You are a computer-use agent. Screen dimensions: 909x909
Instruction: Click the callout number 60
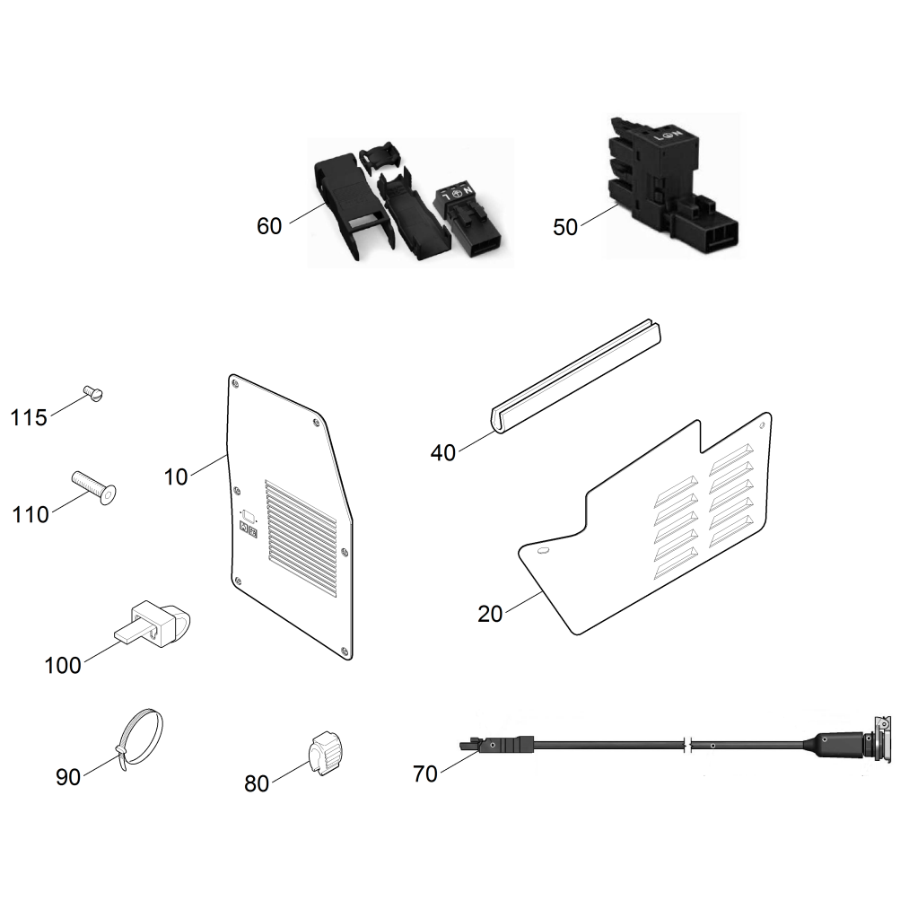click(269, 226)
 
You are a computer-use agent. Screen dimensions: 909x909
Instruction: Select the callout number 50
click(565, 227)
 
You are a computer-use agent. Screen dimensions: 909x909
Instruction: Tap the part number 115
click(29, 418)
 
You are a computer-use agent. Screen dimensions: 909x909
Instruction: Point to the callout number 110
click(31, 515)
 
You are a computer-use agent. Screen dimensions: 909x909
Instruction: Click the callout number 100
click(63, 666)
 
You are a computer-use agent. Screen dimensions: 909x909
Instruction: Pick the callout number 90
click(68, 777)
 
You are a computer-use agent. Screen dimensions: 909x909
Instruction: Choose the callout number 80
click(257, 783)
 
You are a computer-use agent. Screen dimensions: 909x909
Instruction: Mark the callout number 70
click(425, 774)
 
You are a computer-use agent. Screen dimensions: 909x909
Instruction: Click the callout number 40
click(443, 453)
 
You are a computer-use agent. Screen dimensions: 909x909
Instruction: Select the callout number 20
click(491, 615)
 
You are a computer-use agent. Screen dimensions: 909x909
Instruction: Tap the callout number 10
click(176, 476)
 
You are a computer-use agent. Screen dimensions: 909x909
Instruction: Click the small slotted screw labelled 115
click(92, 391)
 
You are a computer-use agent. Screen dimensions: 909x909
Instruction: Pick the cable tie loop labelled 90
click(142, 736)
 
